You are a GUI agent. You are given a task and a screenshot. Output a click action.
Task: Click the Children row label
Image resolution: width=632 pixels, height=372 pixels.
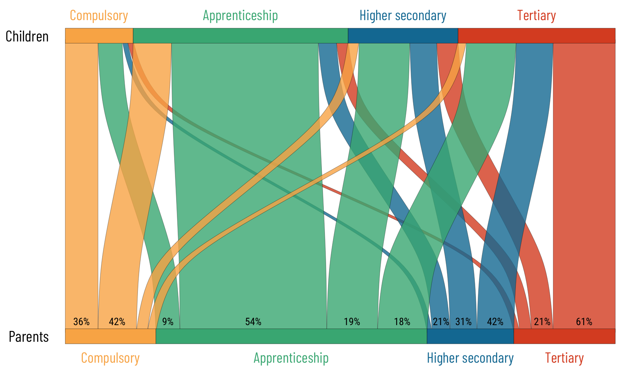click(27, 36)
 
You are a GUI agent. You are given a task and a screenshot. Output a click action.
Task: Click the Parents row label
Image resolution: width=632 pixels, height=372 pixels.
click(29, 337)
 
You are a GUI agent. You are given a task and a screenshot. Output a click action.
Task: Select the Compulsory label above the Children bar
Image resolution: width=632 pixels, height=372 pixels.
click(99, 15)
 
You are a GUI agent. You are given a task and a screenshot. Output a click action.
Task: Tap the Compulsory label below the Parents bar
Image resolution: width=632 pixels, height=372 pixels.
click(110, 358)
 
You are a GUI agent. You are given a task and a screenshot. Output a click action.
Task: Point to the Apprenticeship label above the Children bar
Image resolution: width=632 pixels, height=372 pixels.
click(240, 15)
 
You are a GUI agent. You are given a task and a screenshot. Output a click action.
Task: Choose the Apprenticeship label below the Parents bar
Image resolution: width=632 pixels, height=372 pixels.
click(291, 358)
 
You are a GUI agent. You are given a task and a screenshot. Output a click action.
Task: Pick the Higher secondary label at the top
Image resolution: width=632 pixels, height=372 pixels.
click(403, 15)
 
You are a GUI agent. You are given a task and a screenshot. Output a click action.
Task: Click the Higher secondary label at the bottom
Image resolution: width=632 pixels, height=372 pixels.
click(470, 358)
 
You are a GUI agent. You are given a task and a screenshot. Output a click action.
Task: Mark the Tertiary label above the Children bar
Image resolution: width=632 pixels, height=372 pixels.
click(536, 15)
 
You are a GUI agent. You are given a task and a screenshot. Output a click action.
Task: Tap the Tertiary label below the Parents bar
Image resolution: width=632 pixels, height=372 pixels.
click(564, 358)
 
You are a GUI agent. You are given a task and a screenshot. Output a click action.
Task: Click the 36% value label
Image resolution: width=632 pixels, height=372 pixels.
click(81, 322)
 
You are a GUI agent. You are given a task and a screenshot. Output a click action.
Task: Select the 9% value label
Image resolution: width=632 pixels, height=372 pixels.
click(168, 322)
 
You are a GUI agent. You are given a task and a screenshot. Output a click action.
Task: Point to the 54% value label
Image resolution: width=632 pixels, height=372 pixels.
click(253, 322)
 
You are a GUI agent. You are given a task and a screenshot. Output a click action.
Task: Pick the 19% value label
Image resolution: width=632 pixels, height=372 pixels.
click(352, 322)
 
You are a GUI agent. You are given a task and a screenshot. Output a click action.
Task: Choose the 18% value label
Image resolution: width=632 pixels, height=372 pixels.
click(402, 322)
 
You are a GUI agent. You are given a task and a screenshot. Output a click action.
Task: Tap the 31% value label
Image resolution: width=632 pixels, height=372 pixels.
click(464, 322)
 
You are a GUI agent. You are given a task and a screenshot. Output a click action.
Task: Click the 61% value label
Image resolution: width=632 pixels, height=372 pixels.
click(584, 322)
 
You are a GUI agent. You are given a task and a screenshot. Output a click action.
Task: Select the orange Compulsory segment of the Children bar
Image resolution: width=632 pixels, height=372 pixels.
click(99, 36)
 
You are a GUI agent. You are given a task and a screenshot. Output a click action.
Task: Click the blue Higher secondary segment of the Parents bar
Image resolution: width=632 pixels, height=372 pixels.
click(470, 336)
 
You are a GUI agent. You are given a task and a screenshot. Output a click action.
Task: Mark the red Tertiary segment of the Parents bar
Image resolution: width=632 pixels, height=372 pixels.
click(564, 336)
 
